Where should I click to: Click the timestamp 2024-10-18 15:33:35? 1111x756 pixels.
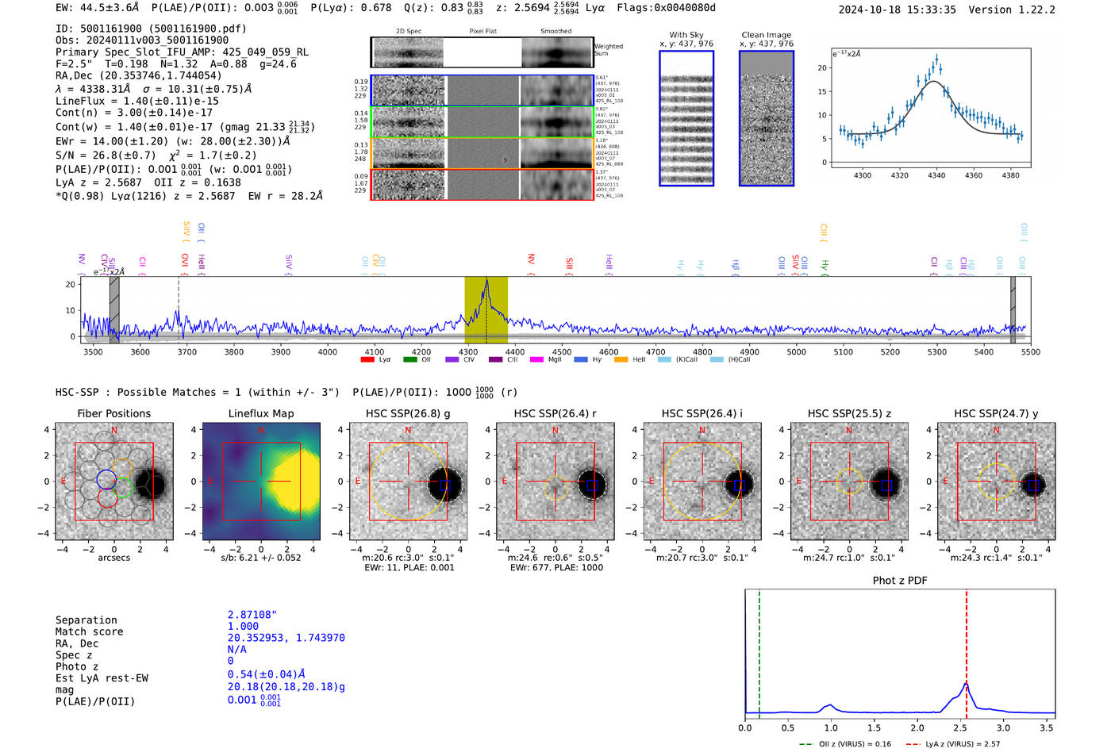[x=897, y=10]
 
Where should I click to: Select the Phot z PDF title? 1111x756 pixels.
[x=900, y=581]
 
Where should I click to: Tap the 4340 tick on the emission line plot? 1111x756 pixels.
[x=936, y=175]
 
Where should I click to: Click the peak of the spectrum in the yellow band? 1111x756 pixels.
[x=486, y=281]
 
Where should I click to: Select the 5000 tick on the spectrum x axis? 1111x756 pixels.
[x=796, y=352]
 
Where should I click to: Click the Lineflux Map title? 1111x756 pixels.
[x=260, y=413]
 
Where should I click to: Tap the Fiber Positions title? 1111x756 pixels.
[x=113, y=413]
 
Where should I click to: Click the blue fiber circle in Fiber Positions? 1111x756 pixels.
[x=107, y=478]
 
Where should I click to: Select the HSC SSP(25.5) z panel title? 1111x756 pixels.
[x=849, y=413]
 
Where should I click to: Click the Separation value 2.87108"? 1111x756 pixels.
[x=252, y=615]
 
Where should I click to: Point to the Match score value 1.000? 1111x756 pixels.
[x=243, y=626]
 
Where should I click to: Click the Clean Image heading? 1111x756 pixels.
[x=766, y=35]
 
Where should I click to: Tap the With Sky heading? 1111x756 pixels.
[x=686, y=35]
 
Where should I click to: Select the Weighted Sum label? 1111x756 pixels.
[x=609, y=50]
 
